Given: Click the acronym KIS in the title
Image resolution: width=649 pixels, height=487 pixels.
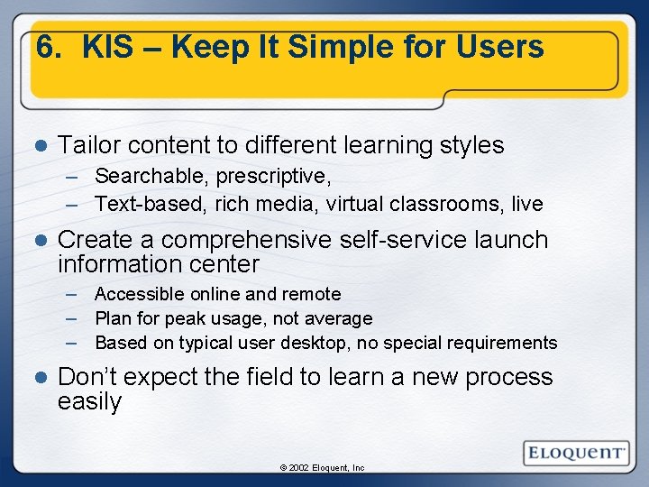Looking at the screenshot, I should pos(105,47).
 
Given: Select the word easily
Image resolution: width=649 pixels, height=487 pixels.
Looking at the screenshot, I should pos(89,402).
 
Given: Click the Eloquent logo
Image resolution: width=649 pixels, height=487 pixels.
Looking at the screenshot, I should pos(574,452).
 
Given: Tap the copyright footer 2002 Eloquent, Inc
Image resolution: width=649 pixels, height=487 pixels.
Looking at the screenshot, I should pos(323,468).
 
